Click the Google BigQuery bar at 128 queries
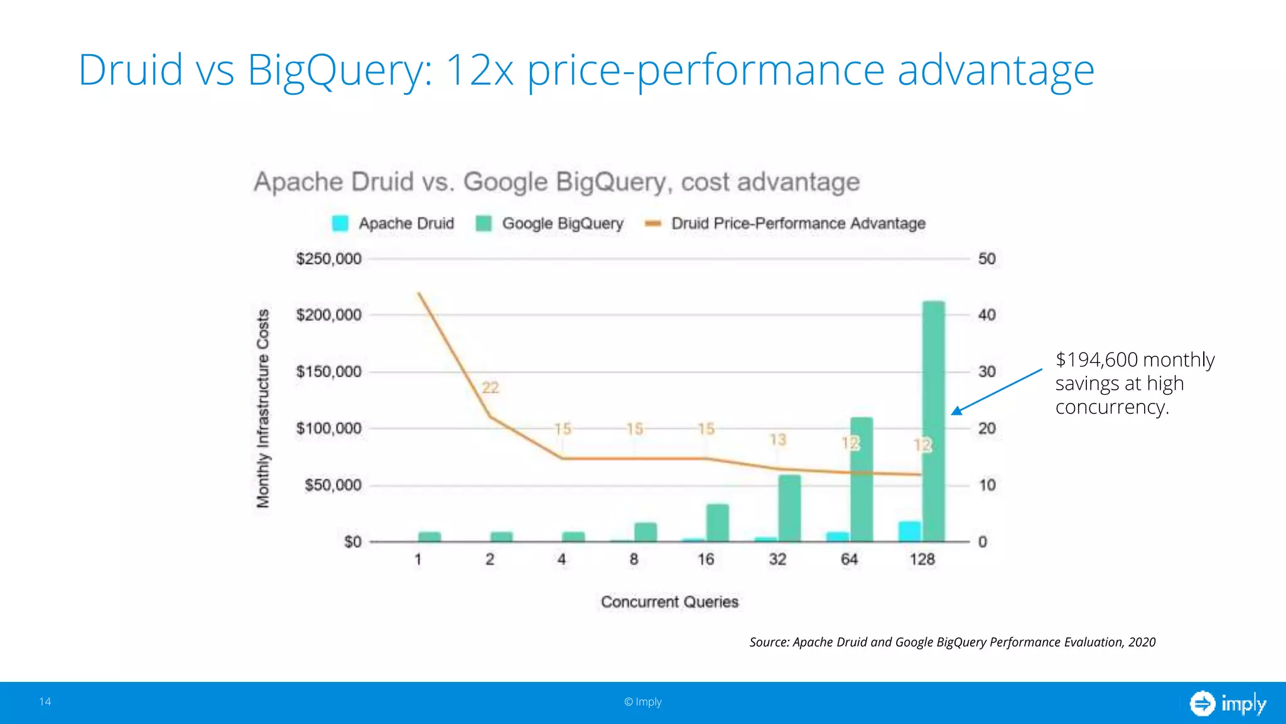934,421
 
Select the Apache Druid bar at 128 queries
909,532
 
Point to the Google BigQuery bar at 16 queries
717,522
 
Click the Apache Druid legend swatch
340,224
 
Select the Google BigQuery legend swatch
484,224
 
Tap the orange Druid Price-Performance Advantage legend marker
653,224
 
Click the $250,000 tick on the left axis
328,259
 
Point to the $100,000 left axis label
328,429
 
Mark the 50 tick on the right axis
986,259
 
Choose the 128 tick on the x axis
922,559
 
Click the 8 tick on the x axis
634,559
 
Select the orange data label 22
490,388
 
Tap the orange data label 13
777,439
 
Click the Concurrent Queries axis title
669,602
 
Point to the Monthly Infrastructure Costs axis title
263,409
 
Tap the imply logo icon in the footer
1202,703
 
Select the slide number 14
45,701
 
